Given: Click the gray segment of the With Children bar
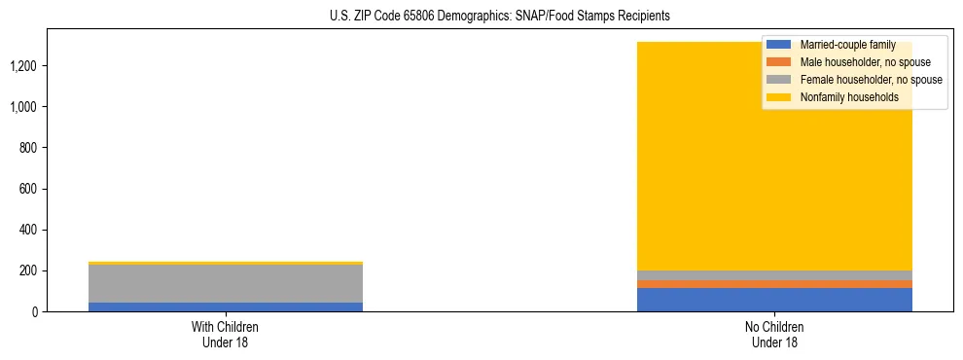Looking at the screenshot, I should (x=225, y=283).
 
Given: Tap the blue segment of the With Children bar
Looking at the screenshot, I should (x=225, y=306).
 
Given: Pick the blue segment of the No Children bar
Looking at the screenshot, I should (x=774, y=300).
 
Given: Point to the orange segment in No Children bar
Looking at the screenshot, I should (x=774, y=284).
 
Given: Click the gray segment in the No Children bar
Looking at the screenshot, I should (x=774, y=275).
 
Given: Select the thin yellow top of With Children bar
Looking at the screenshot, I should (x=225, y=263).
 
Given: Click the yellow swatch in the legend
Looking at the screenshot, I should (x=779, y=97).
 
